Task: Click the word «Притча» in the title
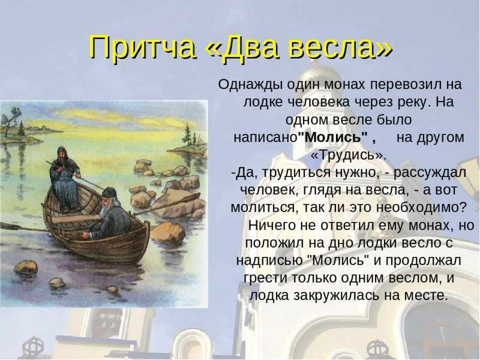pos(143,47)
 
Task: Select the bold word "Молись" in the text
pos(333,137)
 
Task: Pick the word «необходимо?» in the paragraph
pos(421,207)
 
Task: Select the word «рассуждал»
pos(430,173)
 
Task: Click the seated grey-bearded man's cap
pos(109,193)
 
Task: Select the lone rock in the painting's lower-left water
pos(26,267)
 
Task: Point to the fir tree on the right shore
pos(187,134)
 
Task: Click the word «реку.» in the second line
pos(413,102)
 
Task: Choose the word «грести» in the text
pos(265,278)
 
